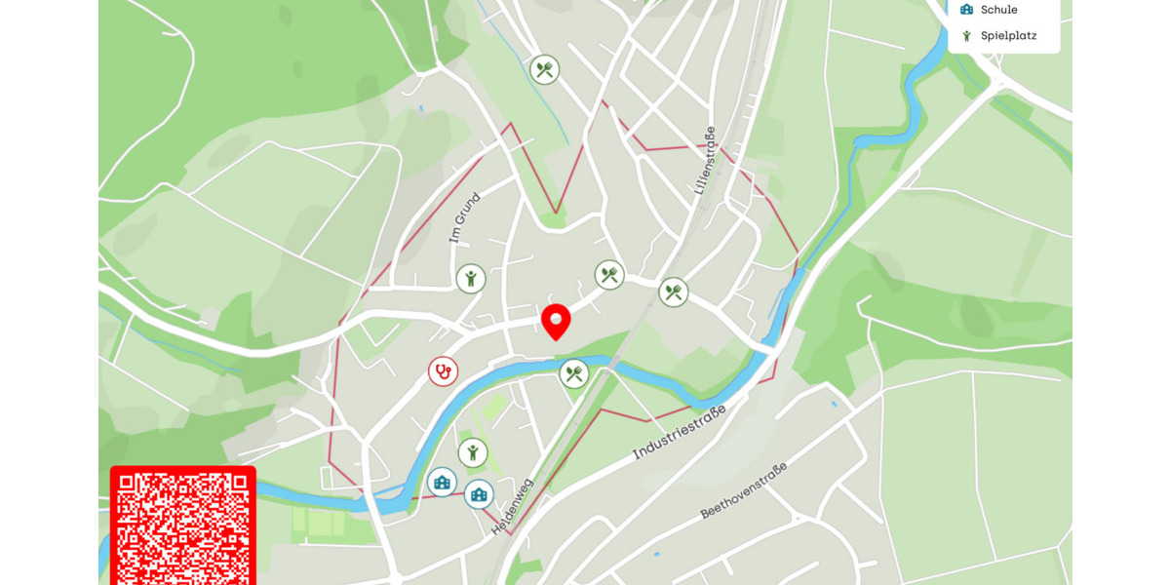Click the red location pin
(556, 320)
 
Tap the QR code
(182, 526)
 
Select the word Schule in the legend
(998, 10)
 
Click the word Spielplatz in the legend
(1008, 36)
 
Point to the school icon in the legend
(966, 10)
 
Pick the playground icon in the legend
(966, 36)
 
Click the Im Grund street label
(465, 218)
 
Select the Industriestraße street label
(680, 434)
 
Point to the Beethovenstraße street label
(743, 490)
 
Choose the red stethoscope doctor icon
(443, 371)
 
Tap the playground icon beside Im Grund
(471, 279)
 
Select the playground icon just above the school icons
(473, 452)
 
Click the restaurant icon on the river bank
(574, 373)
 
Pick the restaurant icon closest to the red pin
(609, 275)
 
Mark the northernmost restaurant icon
(544, 69)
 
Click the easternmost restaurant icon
(674, 292)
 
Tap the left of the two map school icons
(442, 482)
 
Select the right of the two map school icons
(479, 494)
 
